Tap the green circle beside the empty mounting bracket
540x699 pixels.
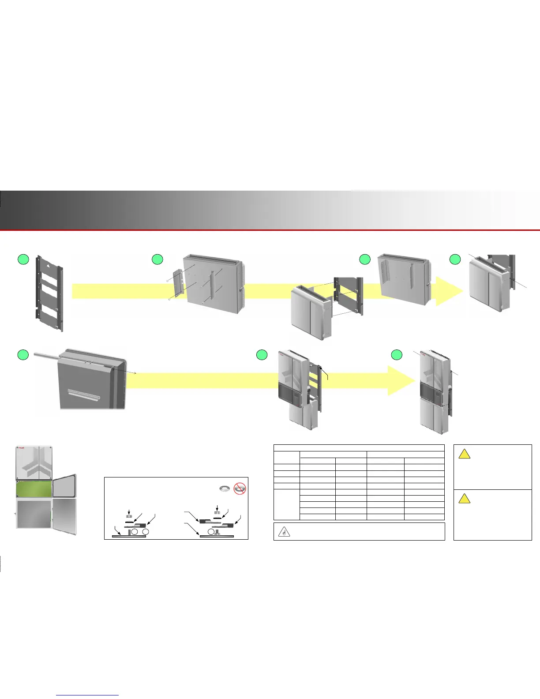point(23,259)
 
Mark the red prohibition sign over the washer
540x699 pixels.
point(240,488)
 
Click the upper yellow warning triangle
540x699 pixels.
point(464,454)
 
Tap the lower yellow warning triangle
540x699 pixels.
point(464,499)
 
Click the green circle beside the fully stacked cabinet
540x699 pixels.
point(397,354)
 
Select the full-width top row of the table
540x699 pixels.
point(359,447)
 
